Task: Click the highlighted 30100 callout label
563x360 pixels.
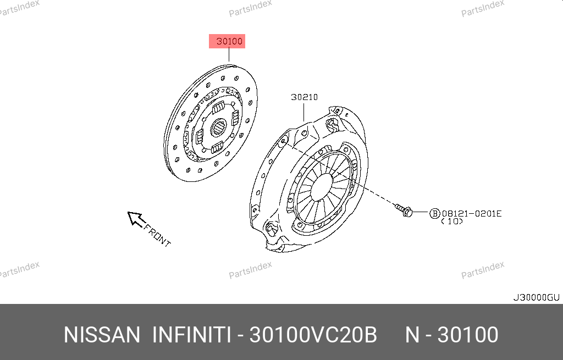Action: (x=227, y=41)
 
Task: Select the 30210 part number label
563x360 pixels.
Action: (x=304, y=97)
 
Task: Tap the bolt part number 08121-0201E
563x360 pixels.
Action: (x=471, y=214)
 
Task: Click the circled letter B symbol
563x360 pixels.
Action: (x=435, y=214)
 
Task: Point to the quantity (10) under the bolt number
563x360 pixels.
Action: (x=452, y=221)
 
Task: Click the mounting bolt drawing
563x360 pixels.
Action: (x=404, y=210)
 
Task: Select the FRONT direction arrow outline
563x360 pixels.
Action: (x=136, y=219)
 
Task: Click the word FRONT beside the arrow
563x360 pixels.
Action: (x=157, y=235)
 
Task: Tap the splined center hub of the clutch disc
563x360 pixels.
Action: (x=218, y=128)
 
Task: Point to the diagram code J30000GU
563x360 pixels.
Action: (x=536, y=297)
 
